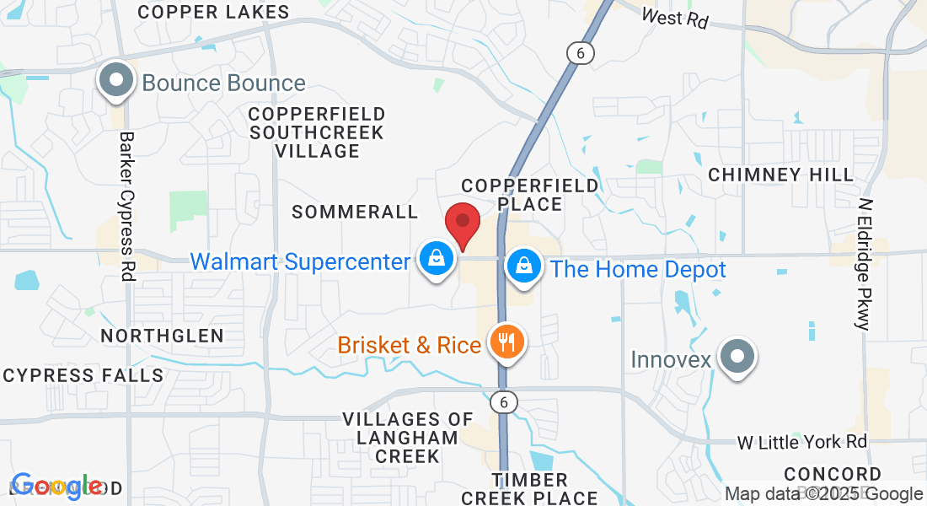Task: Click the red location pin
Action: pos(463,223)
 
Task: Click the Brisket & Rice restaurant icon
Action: pos(506,342)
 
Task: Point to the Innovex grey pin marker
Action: pos(737,357)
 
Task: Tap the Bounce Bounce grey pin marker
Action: pos(117,81)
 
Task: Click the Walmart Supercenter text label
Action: pos(300,261)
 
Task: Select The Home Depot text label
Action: pos(638,270)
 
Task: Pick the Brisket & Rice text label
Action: pos(410,345)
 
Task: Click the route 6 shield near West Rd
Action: pos(580,53)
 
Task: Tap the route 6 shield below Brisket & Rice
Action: pos(504,402)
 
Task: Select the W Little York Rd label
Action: pos(801,442)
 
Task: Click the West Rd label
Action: pos(674,17)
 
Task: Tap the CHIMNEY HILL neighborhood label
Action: pos(780,175)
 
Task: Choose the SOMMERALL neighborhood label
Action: pos(355,212)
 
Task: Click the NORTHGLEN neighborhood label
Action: pos(163,336)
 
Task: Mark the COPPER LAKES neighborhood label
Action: pos(213,12)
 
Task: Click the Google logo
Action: pos(56,486)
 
